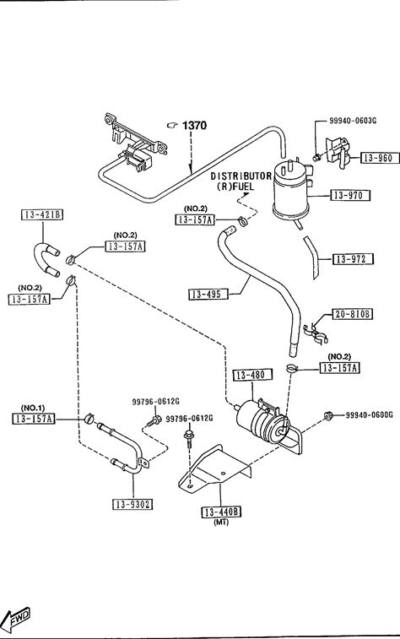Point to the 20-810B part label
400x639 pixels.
(353, 314)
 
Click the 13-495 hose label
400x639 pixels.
(208, 294)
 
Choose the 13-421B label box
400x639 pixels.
(42, 214)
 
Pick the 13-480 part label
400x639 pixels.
(252, 375)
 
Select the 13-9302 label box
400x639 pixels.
(132, 505)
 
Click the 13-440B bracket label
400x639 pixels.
(221, 512)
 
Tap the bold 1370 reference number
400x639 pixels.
(194, 125)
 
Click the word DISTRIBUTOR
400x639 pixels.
(241, 176)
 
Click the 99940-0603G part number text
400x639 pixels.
(353, 121)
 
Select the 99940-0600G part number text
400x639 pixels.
(370, 414)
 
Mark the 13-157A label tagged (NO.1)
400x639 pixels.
(34, 419)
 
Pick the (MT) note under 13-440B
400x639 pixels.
(221, 522)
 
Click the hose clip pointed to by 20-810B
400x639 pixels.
(316, 332)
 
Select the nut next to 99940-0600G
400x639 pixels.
(327, 415)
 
